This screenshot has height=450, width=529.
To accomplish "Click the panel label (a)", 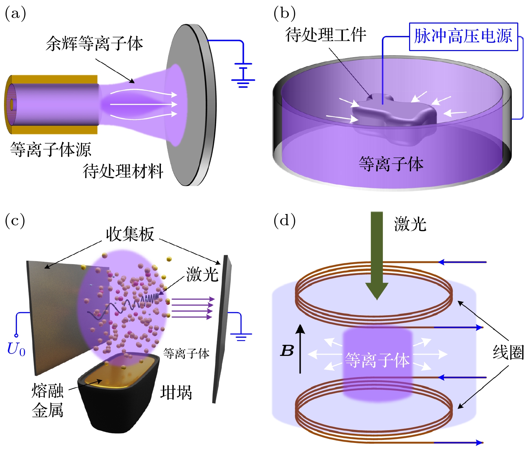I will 15,14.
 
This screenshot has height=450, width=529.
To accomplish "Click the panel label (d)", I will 284,221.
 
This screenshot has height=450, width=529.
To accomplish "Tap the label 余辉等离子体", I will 94,44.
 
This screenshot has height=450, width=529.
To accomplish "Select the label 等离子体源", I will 51,149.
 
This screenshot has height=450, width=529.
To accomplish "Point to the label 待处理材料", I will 123,171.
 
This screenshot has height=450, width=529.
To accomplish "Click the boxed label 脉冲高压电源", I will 463,36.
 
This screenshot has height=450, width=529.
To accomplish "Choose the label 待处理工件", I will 325,35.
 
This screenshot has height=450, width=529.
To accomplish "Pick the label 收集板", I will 130,234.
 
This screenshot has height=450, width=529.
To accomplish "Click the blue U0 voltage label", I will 16,350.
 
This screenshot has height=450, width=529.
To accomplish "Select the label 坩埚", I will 176,392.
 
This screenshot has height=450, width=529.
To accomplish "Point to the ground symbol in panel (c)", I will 241,336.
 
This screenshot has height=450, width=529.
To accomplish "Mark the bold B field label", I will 287,351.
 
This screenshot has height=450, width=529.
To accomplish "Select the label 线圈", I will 508,353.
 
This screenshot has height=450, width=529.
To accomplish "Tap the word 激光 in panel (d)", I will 410,224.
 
